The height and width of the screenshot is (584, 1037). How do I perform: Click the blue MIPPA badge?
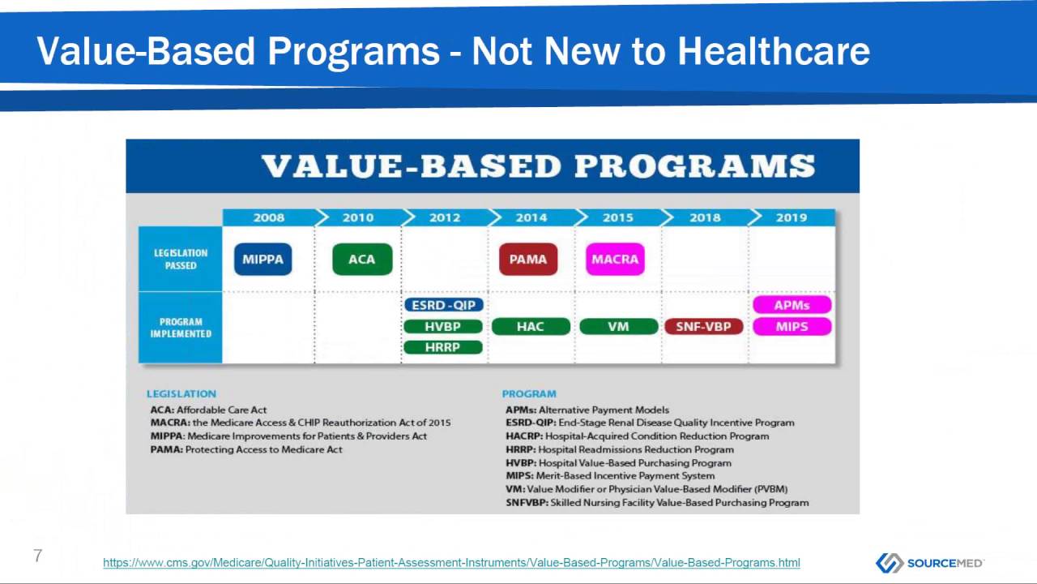262,260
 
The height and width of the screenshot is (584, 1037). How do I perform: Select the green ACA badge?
362,260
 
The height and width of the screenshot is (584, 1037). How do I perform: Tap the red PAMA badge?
528,260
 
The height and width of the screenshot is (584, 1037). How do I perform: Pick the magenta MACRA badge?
615,260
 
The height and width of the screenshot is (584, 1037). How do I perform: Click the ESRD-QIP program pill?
443,305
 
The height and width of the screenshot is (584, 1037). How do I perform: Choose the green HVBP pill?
443,327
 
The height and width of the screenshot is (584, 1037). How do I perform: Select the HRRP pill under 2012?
443,347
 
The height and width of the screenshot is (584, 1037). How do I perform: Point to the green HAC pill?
531,327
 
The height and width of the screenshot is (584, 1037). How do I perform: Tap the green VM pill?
618,327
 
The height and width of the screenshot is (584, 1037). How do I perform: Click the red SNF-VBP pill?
703,327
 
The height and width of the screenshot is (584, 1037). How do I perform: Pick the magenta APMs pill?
792,305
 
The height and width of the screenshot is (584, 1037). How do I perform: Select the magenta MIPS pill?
792,327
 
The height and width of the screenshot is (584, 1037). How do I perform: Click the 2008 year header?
269,217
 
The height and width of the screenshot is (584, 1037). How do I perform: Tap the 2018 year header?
705,217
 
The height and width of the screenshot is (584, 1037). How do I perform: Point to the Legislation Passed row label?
181,259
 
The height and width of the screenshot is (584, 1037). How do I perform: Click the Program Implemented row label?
181,328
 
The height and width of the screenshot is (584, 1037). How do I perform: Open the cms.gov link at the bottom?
451,563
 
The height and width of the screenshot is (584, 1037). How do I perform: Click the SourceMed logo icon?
889,563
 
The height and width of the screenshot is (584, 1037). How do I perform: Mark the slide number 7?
37,556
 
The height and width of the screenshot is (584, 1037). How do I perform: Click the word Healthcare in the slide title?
774,51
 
